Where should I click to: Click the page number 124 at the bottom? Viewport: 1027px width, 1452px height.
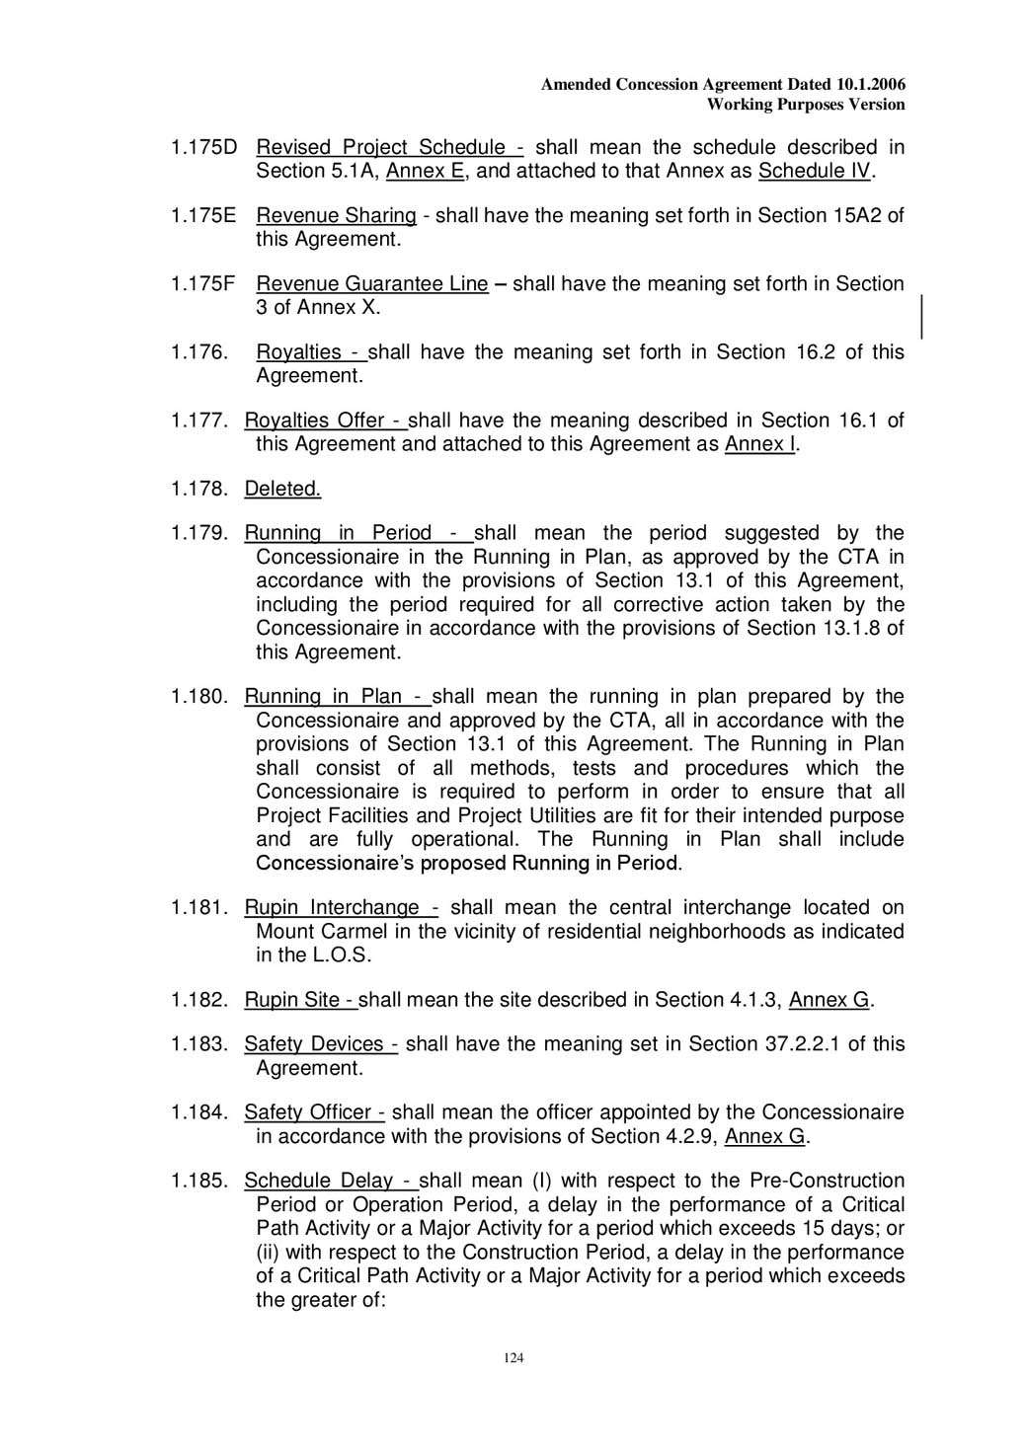point(513,1358)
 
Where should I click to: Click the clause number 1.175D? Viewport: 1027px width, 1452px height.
point(204,148)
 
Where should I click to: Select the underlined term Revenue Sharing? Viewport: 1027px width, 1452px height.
point(336,216)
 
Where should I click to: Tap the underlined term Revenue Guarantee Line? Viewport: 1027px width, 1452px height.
point(372,284)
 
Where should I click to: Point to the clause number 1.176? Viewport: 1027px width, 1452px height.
point(199,352)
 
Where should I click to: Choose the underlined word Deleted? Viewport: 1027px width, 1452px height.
point(282,489)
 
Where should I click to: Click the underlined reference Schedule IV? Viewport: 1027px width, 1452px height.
point(815,172)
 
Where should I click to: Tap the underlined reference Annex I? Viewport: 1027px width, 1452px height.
point(759,444)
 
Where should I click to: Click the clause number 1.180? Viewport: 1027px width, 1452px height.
point(199,697)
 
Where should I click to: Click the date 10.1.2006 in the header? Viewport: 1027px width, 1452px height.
point(869,85)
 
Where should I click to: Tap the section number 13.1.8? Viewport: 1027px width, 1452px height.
point(848,629)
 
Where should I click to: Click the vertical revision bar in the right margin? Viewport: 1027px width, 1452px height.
point(921,317)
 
